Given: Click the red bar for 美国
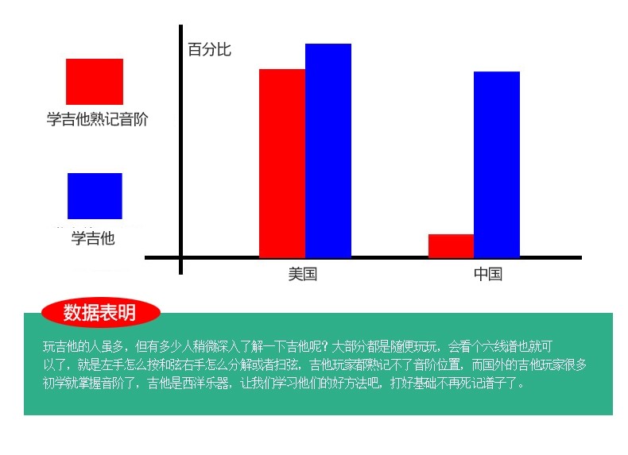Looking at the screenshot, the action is point(282,164).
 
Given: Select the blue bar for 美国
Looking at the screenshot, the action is point(328,150).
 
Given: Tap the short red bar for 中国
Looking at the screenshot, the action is point(451,246).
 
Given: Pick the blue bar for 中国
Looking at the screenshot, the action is point(497,164).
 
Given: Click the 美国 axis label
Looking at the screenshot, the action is point(303,274).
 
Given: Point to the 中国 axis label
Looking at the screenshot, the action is point(488,274).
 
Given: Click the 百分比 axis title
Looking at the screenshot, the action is point(210,49).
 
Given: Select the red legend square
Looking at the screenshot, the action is point(95,82).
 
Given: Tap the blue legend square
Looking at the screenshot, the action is point(95,196).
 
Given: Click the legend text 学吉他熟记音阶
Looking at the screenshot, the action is point(97,119).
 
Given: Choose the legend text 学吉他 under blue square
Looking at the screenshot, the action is point(93,238).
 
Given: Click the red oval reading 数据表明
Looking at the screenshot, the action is point(100,313).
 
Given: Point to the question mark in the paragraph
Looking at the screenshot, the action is point(325,346).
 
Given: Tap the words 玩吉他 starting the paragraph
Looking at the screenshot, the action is point(60,346).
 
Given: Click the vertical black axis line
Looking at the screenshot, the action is point(181,149).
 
